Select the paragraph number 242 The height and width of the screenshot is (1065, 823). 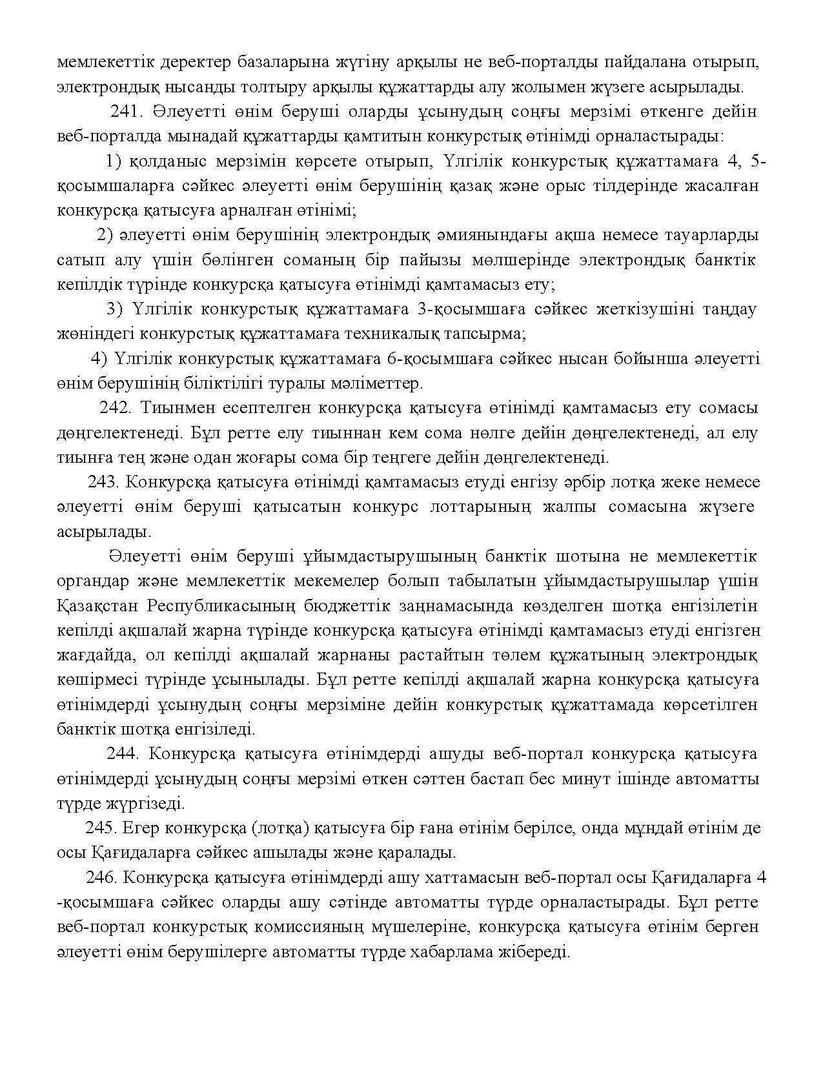click(x=116, y=408)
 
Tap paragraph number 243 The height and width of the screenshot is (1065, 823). click(x=103, y=482)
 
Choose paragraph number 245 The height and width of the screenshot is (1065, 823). click(x=100, y=827)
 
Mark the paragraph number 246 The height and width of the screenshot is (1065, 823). click(x=100, y=878)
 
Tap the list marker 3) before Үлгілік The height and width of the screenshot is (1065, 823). click(x=114, y=309)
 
